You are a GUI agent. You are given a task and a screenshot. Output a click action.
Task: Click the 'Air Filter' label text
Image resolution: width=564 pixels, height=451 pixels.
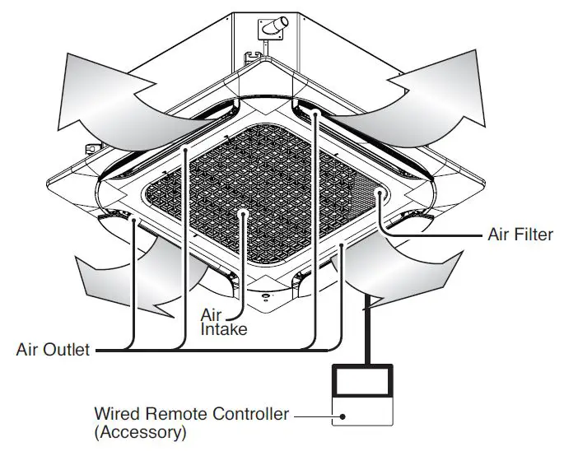[520, 235]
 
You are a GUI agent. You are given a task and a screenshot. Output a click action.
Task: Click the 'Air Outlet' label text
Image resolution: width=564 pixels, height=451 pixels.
[53, 350]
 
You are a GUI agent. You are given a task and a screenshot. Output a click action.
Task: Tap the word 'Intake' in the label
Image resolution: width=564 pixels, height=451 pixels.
[222, 329]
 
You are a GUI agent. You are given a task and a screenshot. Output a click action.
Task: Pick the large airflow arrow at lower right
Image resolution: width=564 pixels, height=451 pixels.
[403, 267]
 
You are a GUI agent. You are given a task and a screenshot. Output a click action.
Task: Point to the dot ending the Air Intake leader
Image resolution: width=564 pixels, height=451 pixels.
[242, 213]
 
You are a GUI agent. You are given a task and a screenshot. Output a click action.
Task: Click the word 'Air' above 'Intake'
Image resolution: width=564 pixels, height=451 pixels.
[211, 314]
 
